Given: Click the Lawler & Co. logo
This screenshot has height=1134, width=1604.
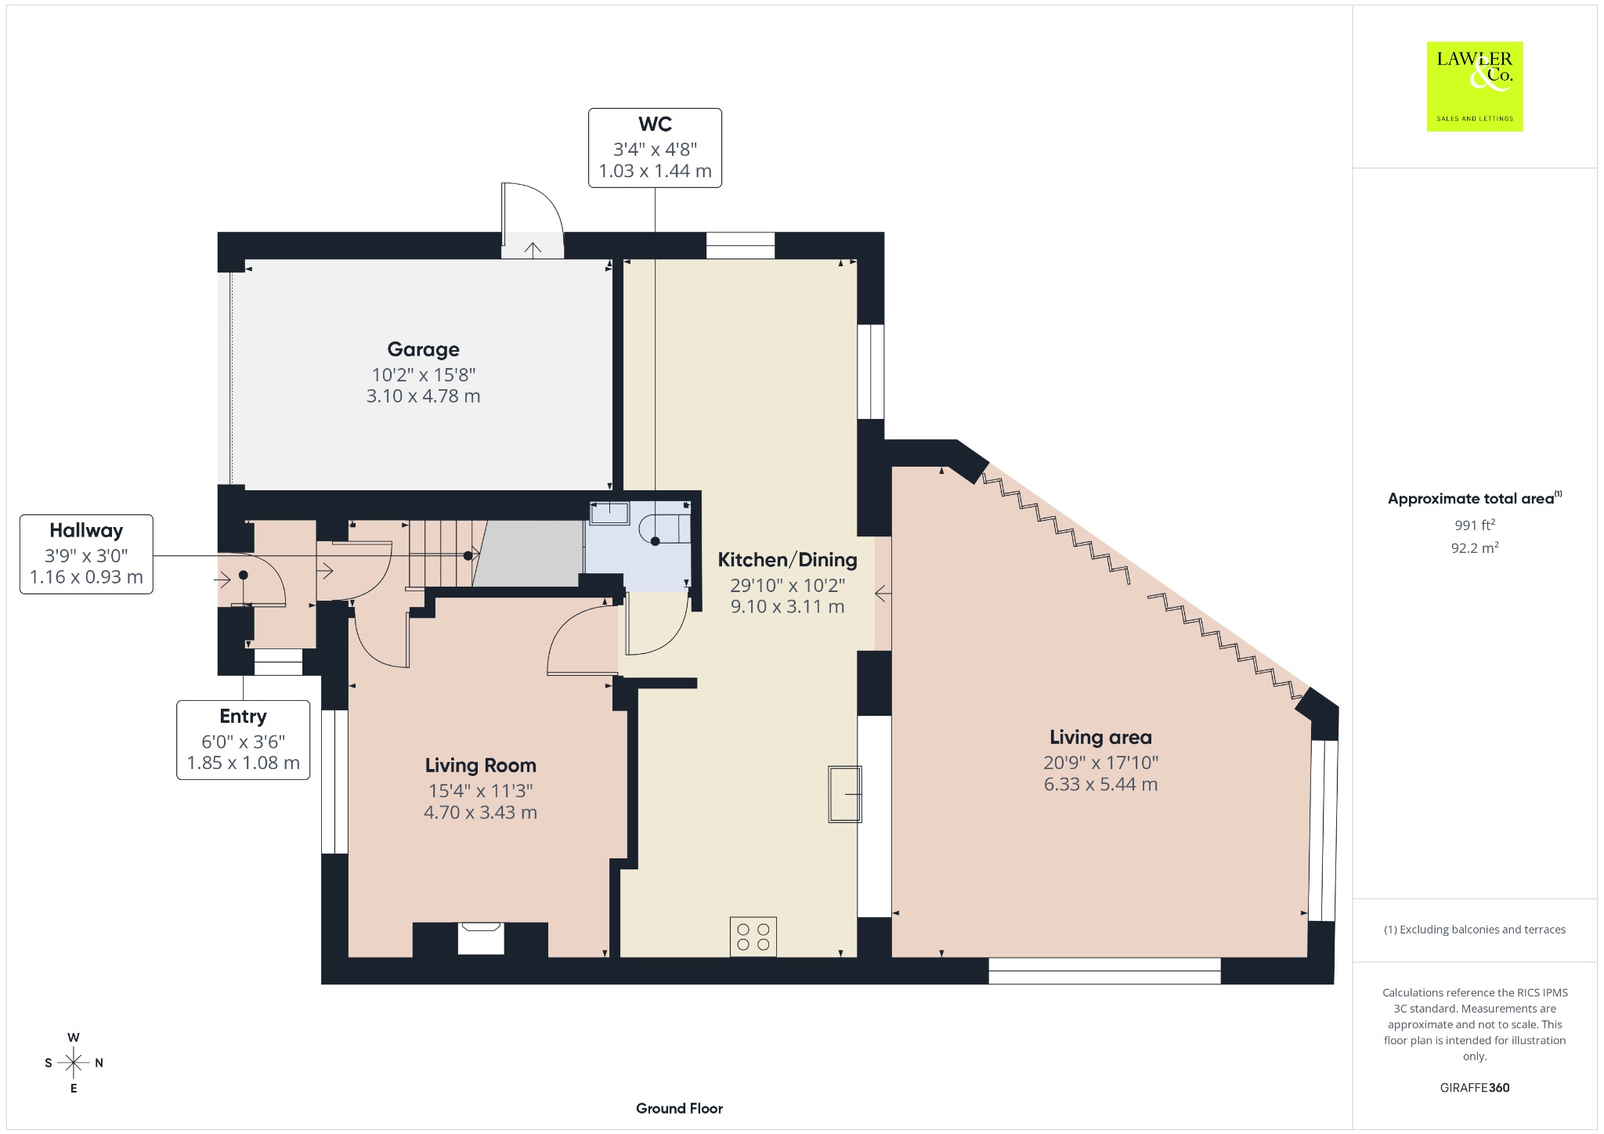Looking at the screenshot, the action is [1474, 86].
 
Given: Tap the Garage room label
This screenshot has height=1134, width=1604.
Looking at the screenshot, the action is [423, 349].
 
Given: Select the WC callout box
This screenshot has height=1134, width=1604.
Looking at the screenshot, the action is [655, 148].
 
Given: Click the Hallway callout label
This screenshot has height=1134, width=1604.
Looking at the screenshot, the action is [86, 531].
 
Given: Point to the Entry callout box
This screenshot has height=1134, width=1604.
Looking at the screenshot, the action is [243, 740].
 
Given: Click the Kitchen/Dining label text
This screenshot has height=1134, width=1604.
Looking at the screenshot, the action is [787, 560].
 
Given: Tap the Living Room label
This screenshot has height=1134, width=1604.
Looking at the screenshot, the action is [480, 766].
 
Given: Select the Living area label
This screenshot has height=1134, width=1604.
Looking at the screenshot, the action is [1100, 738].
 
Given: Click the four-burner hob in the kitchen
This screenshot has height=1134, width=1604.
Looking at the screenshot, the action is [753, 937].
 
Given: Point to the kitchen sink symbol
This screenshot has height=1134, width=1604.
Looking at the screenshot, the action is [845, 794].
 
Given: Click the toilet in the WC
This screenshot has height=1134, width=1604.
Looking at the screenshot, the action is [665, 529].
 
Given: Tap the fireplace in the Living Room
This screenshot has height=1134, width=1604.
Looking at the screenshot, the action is [480, 938].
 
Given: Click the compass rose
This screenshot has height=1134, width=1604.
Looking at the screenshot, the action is [74, 1063].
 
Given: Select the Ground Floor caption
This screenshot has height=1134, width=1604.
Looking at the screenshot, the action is [679, 1108].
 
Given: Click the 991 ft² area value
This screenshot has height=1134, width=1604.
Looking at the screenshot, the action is [1474, 525].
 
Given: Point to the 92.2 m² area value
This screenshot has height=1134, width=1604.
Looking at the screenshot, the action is [1475, 547].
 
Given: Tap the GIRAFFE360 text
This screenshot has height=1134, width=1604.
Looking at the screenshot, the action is [1474, 1088].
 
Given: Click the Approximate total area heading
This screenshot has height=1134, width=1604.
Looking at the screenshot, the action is [1474, 499].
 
